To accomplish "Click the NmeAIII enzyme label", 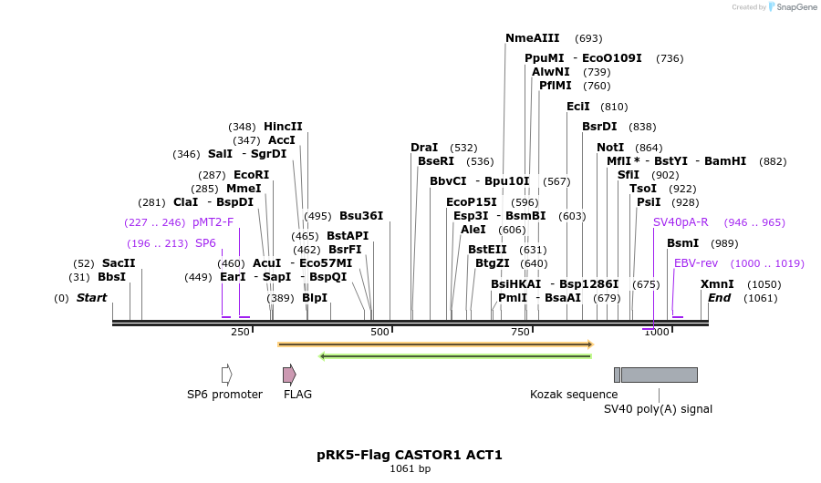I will click(x=533, y=38).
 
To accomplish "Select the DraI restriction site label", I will click(x=424, y=147).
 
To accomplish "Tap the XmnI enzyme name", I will click(x=716, y=283).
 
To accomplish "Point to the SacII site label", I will click(x=118, y=262).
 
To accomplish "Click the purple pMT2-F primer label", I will click(x=213, y=221).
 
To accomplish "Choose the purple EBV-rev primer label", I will click(x=696, y=262).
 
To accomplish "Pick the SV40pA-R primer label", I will click(x=681, y=221).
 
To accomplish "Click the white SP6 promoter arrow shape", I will click(x=226, y=375).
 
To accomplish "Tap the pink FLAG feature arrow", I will click(x=289, y=375).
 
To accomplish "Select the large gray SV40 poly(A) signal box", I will click(x=659, y=375).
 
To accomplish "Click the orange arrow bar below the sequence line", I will click(x=435, y=344).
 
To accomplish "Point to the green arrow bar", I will click(x=455, y=355).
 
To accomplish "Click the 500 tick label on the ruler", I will click(x=379, y=332).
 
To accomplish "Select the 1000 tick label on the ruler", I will click(x=656, y=332).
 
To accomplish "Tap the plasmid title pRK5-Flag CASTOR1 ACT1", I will click(x=410, y=454).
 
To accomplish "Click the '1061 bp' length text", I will click(x=410, y=468).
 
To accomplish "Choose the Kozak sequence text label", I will click(x=574, y=395).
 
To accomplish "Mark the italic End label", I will click(x=719, y=297).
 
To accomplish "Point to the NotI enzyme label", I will click(x=610, y=147).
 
